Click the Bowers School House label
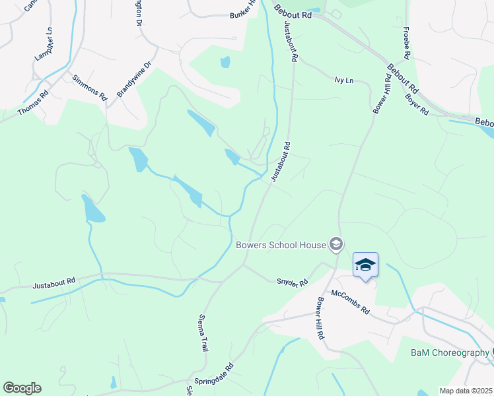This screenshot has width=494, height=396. point(281,245)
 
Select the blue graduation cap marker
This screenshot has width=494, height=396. point(365,265)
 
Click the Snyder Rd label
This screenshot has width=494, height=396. point(292,282)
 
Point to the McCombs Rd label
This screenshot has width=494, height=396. point(351,302)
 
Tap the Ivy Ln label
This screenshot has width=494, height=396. point(344,81)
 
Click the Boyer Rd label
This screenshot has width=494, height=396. point(417,105)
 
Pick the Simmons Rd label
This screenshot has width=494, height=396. point(90,87)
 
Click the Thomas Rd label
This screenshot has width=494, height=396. point(33,104)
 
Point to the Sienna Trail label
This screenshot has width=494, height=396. point(203,333)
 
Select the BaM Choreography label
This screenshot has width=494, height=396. point(449,353)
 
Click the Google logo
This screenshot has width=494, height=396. point(22,388)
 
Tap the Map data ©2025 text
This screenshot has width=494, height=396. point(466,391)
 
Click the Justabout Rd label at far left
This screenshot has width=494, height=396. point(54,282)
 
